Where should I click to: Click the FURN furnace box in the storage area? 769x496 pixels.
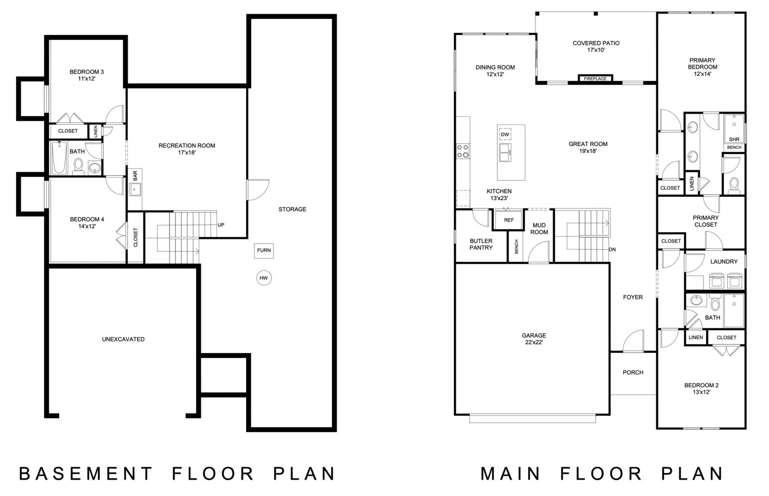pyautogui.click(x=264, y=251)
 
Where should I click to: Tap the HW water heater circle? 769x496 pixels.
pyautogui.click(x=264, y=278)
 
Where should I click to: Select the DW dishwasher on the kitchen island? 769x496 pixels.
pyautogui.click(x=505, y=134)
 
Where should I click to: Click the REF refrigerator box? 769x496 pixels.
pyautogui.click(x=509, y=220)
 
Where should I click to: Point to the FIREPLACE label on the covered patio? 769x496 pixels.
pyautogui.click(x=595, y=79)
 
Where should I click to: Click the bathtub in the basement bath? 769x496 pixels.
pyautogui.click(x=59, y=158)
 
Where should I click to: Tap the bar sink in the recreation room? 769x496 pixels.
pyautogui.click(x=135, y=190)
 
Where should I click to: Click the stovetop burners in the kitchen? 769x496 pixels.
pyautogui.click(x=463, y=151)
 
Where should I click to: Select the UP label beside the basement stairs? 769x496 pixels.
pyautogui.click(x=221, y=225)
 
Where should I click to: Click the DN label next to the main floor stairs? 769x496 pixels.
pyautogui.click(x=612, y=249)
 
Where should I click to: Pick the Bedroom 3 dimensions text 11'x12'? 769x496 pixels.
pyautogui.click(x=87, y=79)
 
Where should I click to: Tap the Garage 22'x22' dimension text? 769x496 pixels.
pyautogui.click(x=534, y=342)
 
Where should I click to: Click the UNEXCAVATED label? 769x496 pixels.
pyautogui.click(x=123, y=340)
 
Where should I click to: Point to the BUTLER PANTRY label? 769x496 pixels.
pyautogui.click(x=481, y=244)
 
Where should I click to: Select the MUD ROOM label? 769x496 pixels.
pyautogui.click(x=539, y=229)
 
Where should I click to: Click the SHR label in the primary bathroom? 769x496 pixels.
pyautogui.click(x=734, y=139)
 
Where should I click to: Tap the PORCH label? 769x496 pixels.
pyautogui.click(x=633, y=373)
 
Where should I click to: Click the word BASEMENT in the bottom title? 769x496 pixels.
pyautogui.click(x=86, y=474)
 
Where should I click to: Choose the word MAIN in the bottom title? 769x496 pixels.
pyautogui.click(x=510, y=474)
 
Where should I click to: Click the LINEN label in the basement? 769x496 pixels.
pyautogui.click(x=96, y=132)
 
